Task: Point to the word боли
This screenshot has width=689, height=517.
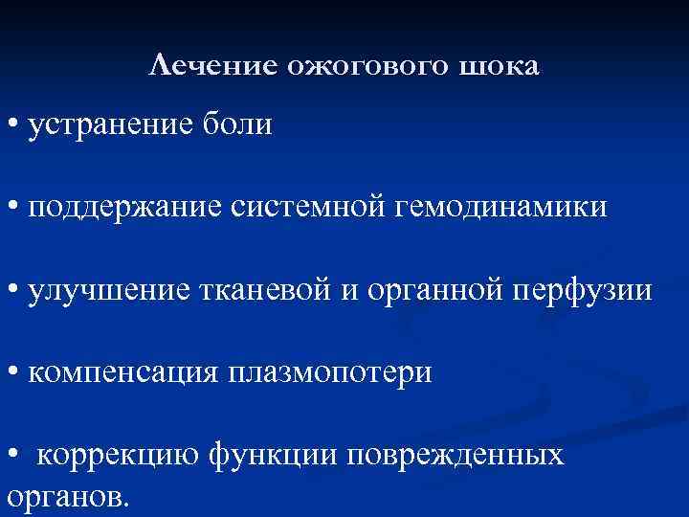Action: click(x=242, y=124)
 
